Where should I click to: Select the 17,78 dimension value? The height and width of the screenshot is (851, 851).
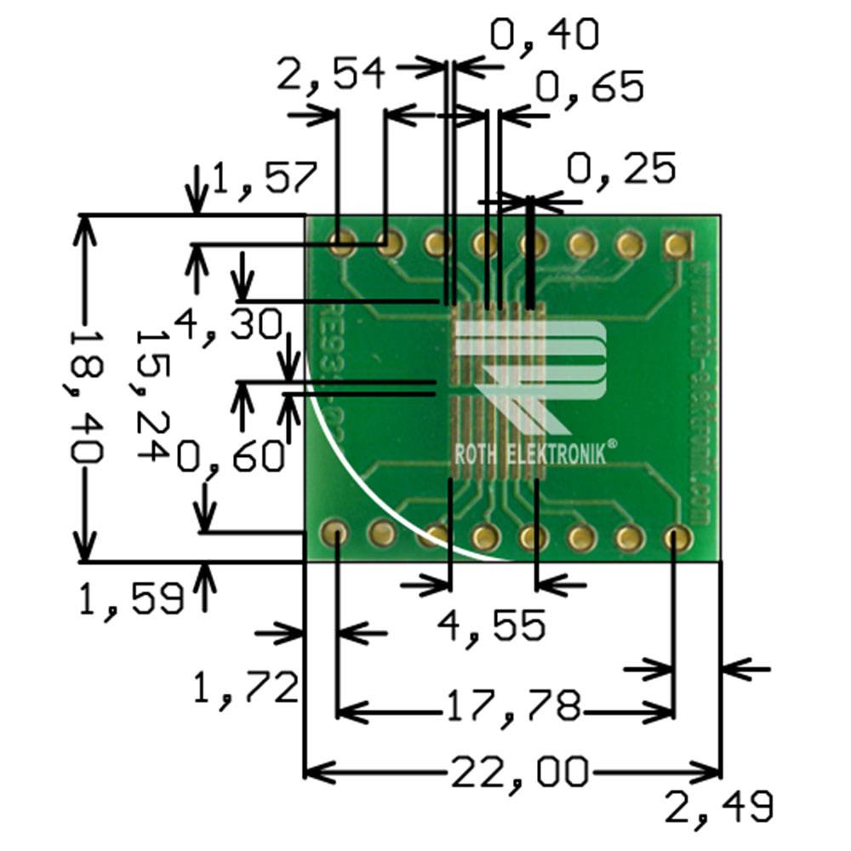tap(511, 706)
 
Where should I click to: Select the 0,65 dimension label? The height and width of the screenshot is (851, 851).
tap(588, 87)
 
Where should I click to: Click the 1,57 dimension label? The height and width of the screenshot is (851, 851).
tap(264, 180)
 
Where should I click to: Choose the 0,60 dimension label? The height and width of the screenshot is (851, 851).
tap(230, 459)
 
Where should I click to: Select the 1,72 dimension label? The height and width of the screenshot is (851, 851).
tap(245, 688)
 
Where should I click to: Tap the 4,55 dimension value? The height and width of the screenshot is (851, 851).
tap(491, 627)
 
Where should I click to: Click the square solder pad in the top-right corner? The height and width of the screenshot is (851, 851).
tap(677, 245)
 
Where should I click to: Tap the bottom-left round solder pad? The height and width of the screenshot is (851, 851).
tap(335, 534)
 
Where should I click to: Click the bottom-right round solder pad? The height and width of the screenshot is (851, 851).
tap(677, 537)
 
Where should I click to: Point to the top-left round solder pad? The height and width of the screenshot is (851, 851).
tap(343, 244)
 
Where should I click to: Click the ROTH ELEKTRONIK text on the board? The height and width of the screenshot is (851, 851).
tap(530, 454)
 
